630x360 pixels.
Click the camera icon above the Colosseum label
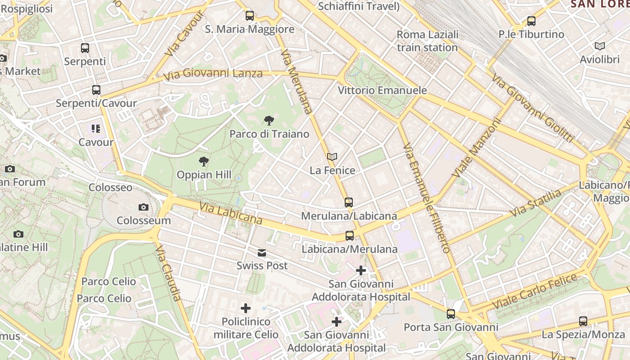144,207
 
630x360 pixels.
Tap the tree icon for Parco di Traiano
269,120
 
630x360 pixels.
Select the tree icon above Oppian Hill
204,161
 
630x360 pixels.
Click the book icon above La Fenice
332,157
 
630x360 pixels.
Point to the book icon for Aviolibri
599,46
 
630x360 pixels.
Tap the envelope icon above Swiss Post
262,253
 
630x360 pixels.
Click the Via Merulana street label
296,81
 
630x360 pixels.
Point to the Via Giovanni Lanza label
213,74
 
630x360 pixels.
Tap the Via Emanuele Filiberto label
426,198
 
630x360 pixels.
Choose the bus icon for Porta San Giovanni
451,314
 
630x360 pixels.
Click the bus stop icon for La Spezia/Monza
583,321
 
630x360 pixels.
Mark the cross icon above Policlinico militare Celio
246,308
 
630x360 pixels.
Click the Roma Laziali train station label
427,41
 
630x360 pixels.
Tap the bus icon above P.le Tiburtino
531,21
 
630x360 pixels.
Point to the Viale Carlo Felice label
535,291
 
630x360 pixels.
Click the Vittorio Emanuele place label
382,90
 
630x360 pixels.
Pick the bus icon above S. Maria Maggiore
250,16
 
